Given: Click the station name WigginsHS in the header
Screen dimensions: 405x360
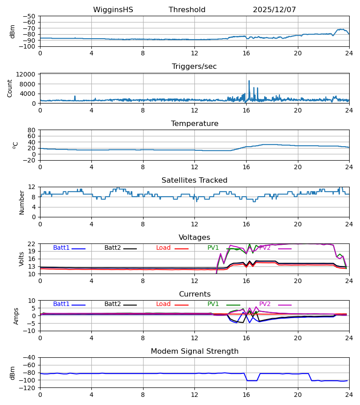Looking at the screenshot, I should pos(113,10).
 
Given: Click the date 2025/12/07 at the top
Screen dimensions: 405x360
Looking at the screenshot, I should pos(274,10).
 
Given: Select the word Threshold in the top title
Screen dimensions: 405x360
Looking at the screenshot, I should pos(187,10).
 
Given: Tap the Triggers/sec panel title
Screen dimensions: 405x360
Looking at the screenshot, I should pos(194,67).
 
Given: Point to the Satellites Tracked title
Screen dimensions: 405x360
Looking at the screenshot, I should pos(194,180).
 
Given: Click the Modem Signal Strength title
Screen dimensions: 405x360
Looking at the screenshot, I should pos(194,351).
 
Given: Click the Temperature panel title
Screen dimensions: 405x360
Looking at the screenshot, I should pos(194,124).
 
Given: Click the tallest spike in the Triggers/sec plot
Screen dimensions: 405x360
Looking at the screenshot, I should pos(249,81).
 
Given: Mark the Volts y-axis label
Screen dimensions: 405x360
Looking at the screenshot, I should pos(22,259).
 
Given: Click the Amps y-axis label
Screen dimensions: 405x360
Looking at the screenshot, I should pos(17,316).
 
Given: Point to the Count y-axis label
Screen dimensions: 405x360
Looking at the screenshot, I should pos(10,89).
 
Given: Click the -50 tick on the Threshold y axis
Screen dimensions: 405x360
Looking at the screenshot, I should pos(30,16).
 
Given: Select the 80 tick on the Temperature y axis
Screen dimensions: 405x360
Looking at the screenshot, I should pos(31,130).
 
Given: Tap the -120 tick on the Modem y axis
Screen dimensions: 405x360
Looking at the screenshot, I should pos(28,388).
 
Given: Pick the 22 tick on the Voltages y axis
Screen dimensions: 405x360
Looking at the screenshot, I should pos(31,244).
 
